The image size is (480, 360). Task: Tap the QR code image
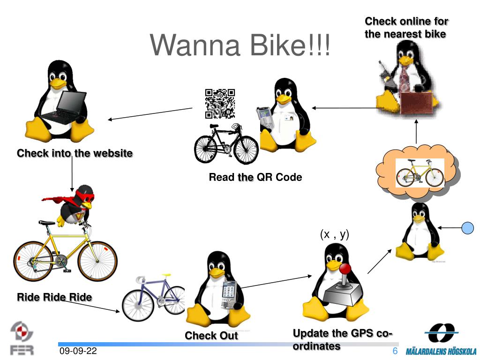pyautogui.click(x=220, y=103)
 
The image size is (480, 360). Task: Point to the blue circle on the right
pyautogui.click(x=468, y=228)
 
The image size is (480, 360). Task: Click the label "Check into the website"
pyautogui.click(x=75, y=153)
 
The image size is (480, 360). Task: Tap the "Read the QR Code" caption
pyautogui.click(x=255, y=177)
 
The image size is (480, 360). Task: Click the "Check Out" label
pyautogui.click(x=211, y=336)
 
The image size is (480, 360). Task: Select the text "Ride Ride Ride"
pyautogui.click(x=54, y=297)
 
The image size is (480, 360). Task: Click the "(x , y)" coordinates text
pyautogui.click(x=335, y=234)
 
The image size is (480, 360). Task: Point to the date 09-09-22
pyautogui.click(x=78, y=351)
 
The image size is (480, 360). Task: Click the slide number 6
pyautogui.click(x=395, y=351)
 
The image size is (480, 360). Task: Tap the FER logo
pyautogui.click(x=22, y=338)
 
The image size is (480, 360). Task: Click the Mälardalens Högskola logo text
pyautogui.click(x=441, y=351)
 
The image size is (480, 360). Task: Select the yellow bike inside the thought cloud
pyautogui.click(x=419, y=172)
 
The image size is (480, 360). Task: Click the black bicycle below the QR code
pyautogui.click(x=226, y=144)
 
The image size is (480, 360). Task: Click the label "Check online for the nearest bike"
pyautogui.click(x=406, y=27)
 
